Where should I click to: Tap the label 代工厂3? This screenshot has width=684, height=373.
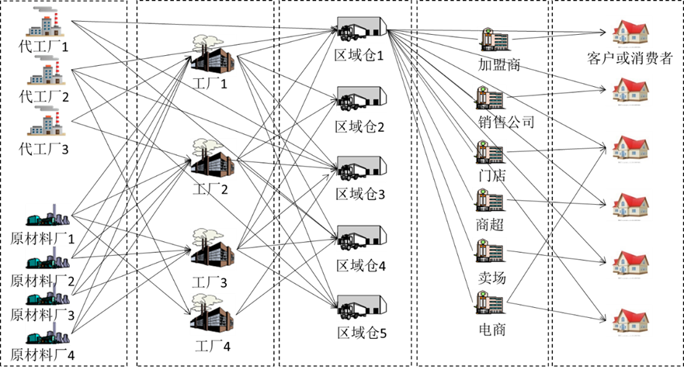(x=43, y=150)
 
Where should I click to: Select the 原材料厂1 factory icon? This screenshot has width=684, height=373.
(x=47, y=216)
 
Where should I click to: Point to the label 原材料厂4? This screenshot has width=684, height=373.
(x=43, y=354)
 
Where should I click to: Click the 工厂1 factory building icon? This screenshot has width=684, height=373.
(x=212, y=55)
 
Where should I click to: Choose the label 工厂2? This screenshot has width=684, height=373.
(x=210, y=189)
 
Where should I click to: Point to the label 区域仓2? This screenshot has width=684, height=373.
(x=360, y=127)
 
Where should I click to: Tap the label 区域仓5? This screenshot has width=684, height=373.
(x=362, y=333)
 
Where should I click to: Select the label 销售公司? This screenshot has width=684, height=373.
(x=506, y=122)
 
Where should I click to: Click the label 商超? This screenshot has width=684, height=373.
(x=490, y=224)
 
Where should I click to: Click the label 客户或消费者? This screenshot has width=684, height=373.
(x=630, y=58)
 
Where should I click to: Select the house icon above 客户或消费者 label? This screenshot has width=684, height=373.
(x=630, y=33)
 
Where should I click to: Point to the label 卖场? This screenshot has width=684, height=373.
(x=491, y=278)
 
